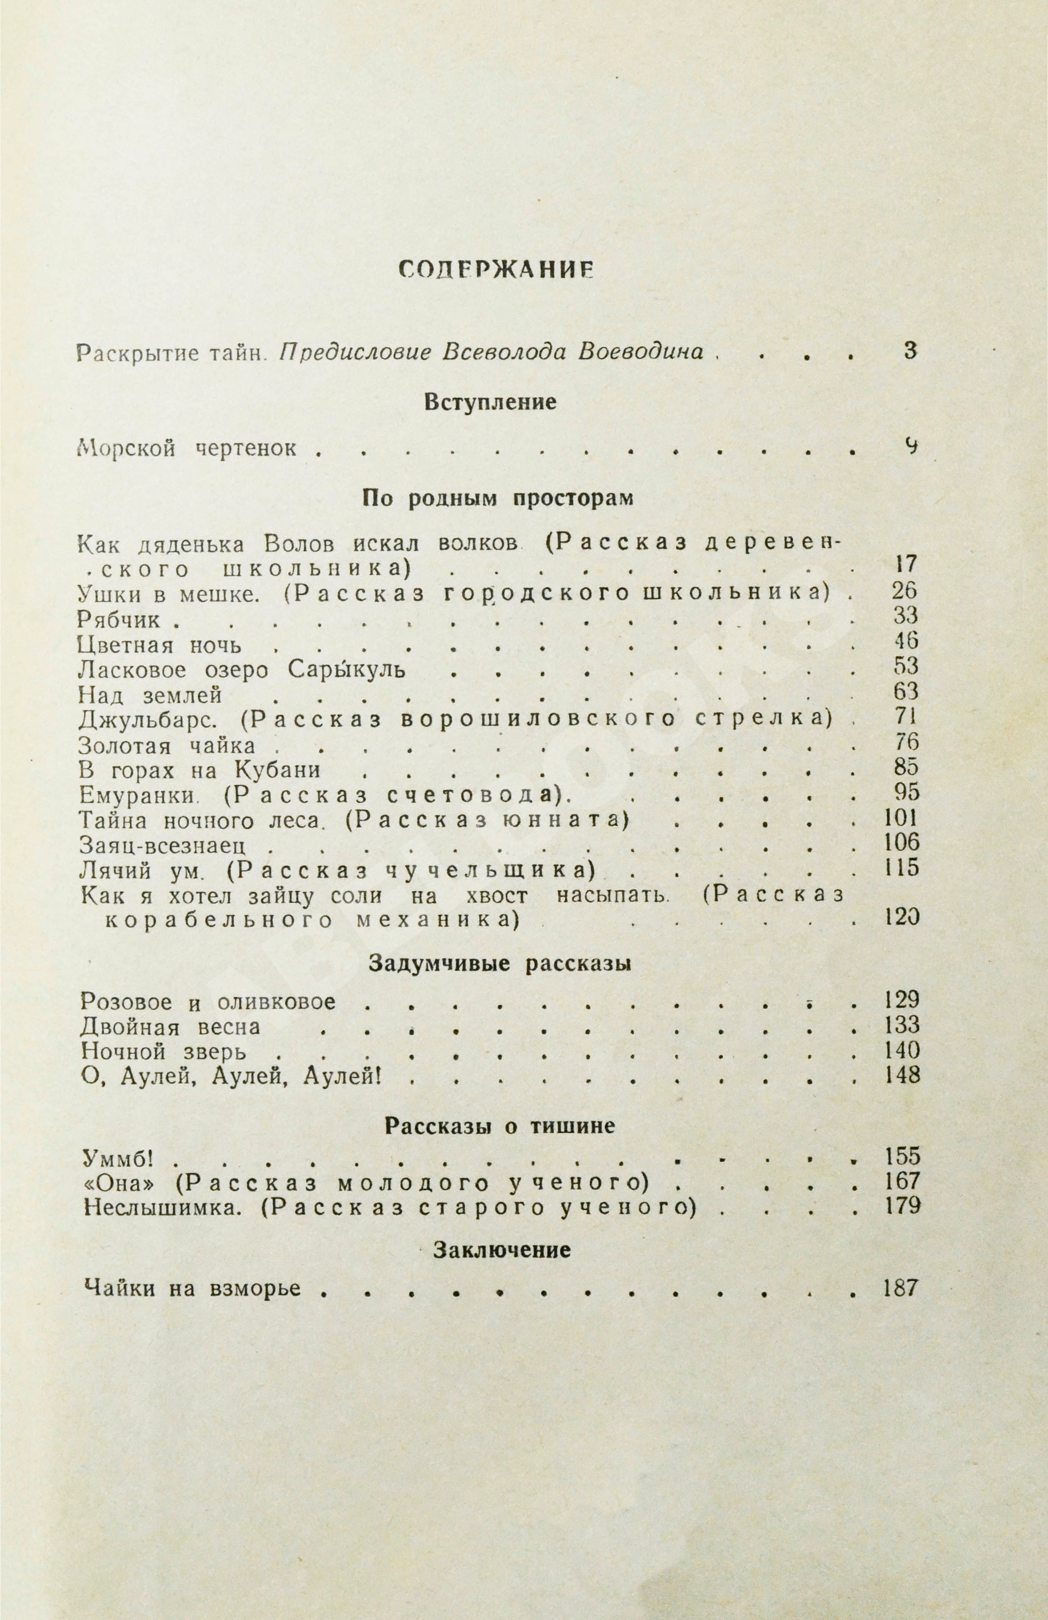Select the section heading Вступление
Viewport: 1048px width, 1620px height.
click(490, 401)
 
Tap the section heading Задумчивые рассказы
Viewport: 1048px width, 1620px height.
click(500, 963)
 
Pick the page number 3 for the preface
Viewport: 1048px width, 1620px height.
click(910, 351)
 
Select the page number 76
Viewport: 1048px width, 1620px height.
click(907, 742)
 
